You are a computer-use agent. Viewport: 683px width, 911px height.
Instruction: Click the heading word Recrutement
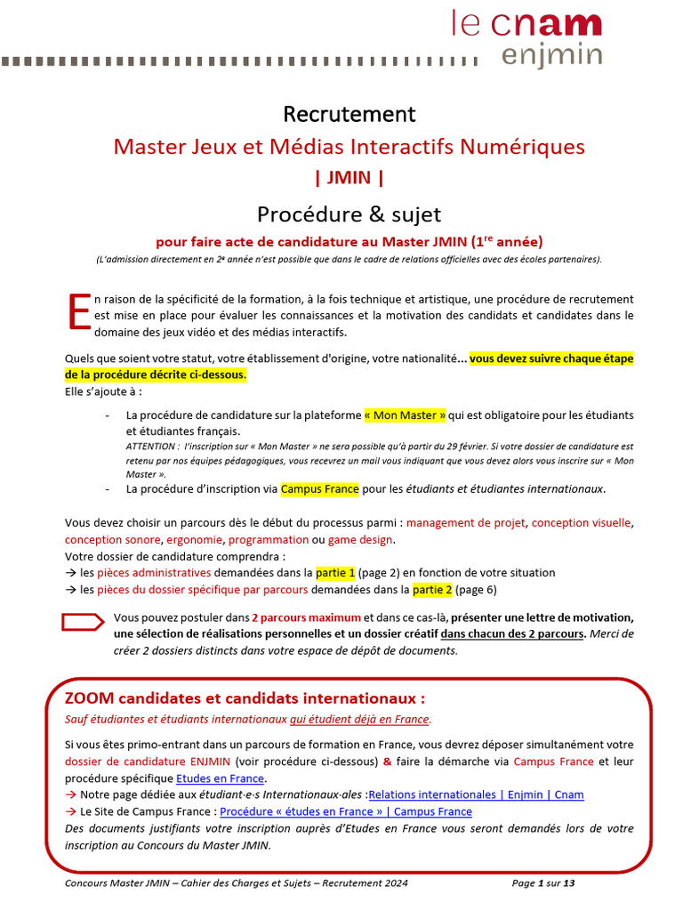click(349, 114)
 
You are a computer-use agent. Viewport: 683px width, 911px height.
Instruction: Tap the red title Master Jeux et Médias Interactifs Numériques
click(349, 146)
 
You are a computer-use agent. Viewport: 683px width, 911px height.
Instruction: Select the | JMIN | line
click(349, 177)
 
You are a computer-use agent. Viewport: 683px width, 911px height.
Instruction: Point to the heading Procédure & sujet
click(349, 214)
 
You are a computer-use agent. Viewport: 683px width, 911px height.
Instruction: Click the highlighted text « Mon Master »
click(405, 415)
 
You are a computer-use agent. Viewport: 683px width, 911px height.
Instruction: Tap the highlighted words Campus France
click(319, 488)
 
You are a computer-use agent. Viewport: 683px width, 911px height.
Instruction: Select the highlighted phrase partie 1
click(335, 572)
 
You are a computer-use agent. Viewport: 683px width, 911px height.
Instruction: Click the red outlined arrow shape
click(83, 622)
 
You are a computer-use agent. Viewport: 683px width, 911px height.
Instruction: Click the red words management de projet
click(465, 523)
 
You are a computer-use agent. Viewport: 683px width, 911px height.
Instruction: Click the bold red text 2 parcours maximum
click(305, 617)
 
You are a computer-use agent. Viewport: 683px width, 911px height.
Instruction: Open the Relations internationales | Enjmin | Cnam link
click(476, 794)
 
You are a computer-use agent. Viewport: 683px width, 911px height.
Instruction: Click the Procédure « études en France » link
click(346, 811)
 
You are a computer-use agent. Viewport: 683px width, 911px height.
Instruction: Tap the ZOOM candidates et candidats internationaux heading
click(245, 697)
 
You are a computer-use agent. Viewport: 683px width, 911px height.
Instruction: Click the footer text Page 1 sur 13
click(543, 883)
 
